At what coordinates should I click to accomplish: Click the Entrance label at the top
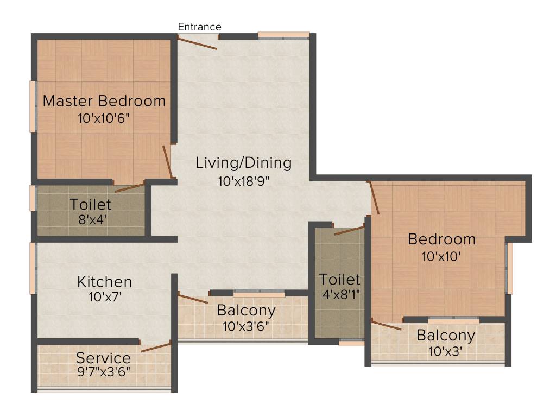200,27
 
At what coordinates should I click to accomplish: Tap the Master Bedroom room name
104,101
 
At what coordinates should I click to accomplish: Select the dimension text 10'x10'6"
104,118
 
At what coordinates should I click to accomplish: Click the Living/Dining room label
244,162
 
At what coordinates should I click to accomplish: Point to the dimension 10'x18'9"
244,181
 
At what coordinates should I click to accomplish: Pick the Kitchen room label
104,282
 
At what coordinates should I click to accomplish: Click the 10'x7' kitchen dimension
104,298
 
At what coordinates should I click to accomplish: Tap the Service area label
103,358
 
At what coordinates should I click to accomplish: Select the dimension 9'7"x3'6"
103,372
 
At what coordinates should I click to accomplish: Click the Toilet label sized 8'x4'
91,205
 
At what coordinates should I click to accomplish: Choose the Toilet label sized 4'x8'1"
340,280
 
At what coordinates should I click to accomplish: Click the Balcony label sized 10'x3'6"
246,311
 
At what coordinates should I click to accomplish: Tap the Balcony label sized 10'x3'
446,336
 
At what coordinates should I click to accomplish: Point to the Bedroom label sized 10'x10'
441,239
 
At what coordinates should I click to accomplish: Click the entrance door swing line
198,43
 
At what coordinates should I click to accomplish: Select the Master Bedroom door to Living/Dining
168,161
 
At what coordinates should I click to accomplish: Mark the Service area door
156,347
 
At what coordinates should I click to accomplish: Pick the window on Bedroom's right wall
509,268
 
